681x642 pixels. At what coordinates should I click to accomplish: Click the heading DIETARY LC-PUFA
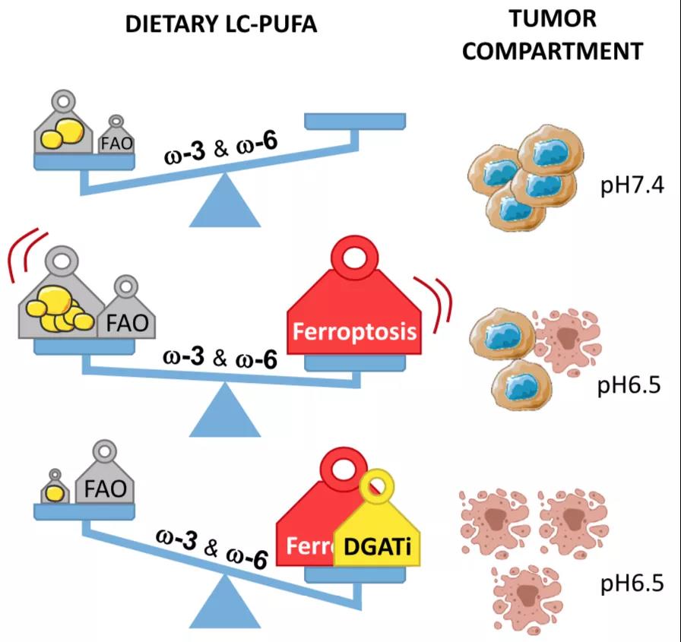click(220, 24)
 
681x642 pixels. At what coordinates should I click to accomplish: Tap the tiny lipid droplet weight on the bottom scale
click(55, 490)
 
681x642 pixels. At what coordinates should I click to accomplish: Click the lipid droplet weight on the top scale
click(63, 129)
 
